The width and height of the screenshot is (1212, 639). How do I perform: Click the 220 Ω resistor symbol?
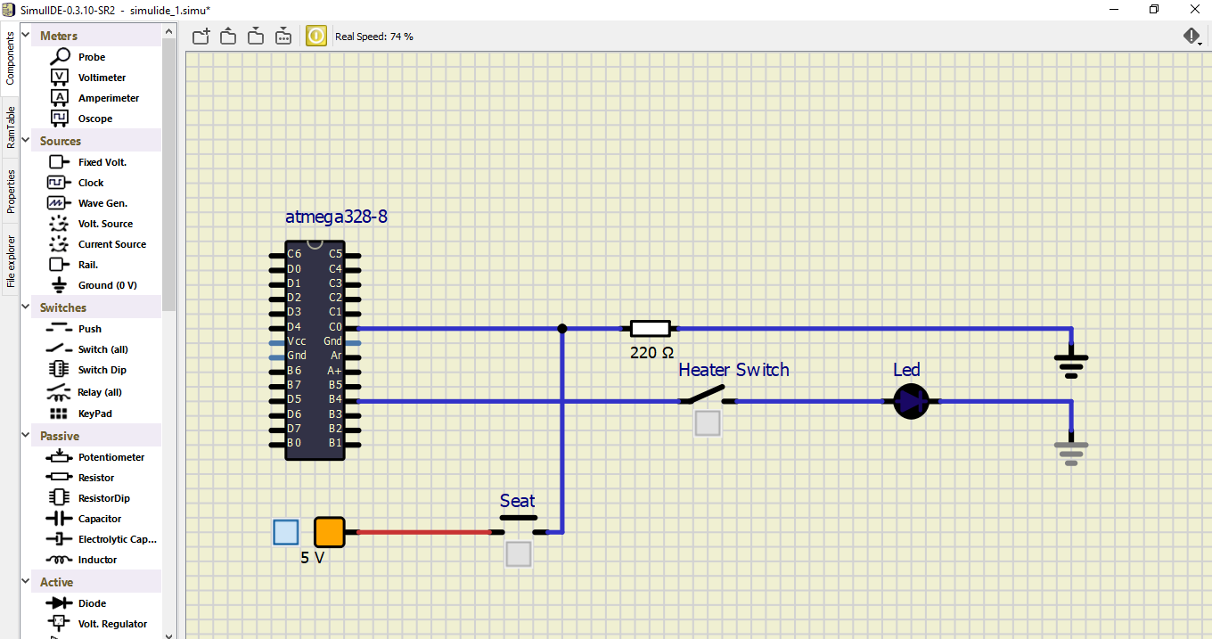pyautogui.click(x=650, y=328)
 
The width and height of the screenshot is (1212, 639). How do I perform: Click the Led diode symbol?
pyautogui.click(x=911, y=401)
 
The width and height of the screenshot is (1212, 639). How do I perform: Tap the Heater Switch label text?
pyautogui.click(x=733, y=370)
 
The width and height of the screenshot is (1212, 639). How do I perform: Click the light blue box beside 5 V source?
pyautogui.click(x=285, y=532)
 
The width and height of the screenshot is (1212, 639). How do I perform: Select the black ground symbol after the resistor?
pyautogui.click(x=1071, y=361)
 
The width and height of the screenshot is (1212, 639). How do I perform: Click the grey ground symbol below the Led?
pyautogui.click(x=1071, y=452)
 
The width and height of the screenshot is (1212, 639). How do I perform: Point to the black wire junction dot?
pyautogui.click(x=561, y=328)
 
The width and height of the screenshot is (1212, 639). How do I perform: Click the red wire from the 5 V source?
pyautogui.click(x=419, y=532)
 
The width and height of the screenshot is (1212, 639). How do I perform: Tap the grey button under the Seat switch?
pyautogui.click(x=519, y=554)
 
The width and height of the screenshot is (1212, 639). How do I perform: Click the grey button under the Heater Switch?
pyautogui.click(x=707, y=423)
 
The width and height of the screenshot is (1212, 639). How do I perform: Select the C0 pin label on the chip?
pyautogui.click(x=335, y=327)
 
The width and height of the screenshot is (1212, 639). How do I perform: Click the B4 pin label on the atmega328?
pyautogui.click(x=335, y=399)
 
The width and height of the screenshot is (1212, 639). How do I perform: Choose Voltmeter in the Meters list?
pyautogui.click(x=102, y=78)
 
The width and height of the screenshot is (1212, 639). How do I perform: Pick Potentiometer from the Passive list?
pyautogui.click(x=111, y=457)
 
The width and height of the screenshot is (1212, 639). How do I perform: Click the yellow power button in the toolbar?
pyautogui.click(x=316, y=36)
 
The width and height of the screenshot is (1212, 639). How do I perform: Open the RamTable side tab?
pyautogui.click(x=11, y=127)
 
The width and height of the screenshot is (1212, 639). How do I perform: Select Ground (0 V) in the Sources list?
pyautogui.click(x=107, y=285)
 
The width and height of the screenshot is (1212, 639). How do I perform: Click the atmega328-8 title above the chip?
pyautogui.click(x=336, y=217)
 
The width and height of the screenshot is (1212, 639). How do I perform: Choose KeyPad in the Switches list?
pyautogui.click(x=94, y=414)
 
